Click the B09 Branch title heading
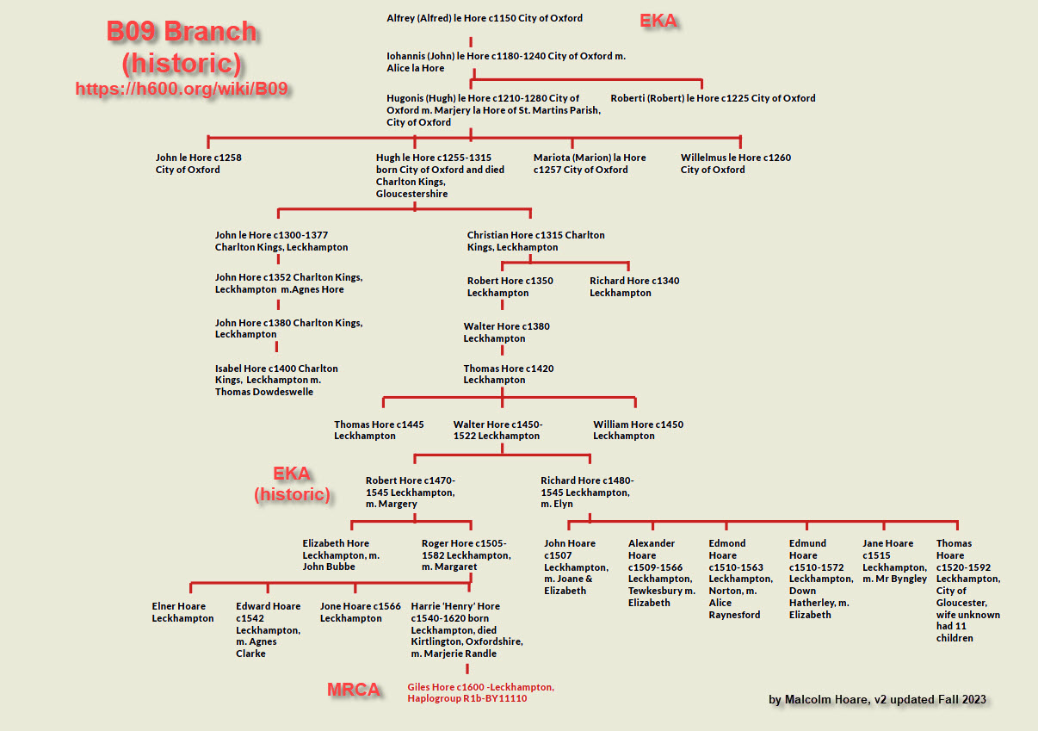pos(182,32)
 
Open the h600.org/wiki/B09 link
pos(181,88)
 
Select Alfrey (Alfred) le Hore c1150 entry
pos(485,18)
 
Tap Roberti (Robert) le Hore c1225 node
pos(713,98)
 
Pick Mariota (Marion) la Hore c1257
pos(589,164)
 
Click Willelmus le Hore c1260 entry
pos(735,164)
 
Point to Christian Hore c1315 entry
pos(535,241)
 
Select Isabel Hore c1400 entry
pos(276,380)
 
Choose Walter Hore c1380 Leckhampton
pos(506,332)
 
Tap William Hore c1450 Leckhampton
pos(638,430)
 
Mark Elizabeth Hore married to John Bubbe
pos(341,554)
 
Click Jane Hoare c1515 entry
pos(894,561)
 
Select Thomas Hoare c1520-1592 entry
pos(967,591)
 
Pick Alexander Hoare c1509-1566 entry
pos(661,573)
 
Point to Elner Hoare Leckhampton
pos(182,612)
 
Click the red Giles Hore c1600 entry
pos(480,692)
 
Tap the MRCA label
pos(353,690)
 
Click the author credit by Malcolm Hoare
pos(877,699)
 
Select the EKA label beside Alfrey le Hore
pos(658,21)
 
